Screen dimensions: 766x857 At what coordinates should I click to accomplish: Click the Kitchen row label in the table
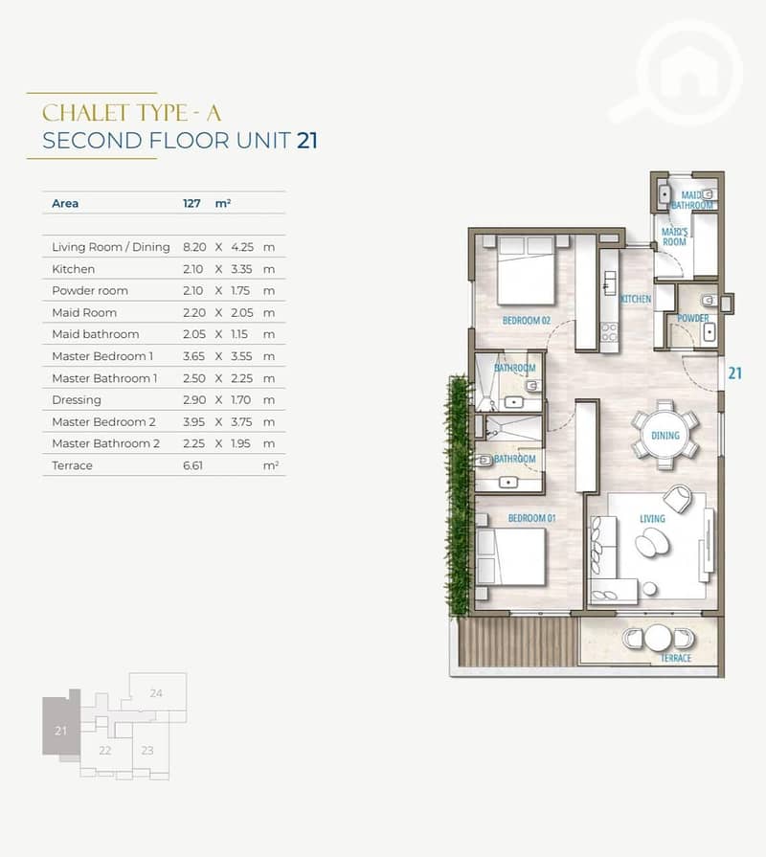tap(73, 269)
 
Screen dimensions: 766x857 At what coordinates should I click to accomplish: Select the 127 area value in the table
tap(191, 203)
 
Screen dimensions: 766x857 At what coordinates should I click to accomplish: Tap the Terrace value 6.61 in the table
tap(192, 465)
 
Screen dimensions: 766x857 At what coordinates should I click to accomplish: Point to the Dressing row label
tap(77, 400)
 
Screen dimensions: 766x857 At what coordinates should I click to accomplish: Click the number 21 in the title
tap(307, 141)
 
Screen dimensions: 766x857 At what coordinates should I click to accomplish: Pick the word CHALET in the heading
tap(84, 113)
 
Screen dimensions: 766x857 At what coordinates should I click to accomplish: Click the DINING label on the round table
tap(665, 436)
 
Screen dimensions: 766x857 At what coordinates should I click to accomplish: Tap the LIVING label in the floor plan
tap(652, 518)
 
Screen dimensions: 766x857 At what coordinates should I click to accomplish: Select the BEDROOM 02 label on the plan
tap(527, 320)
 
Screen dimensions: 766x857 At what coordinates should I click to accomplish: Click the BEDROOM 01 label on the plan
tap(531, 518)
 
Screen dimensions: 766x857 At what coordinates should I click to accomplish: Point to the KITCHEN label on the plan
tap(636, 299)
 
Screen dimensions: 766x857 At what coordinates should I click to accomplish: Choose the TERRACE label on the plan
tap(676, 658)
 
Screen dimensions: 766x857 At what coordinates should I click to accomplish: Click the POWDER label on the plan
tap(693, 318)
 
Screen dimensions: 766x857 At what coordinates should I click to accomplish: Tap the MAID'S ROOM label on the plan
tap(674, 237)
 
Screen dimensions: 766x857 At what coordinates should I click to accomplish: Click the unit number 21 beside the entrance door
tap(734, 373)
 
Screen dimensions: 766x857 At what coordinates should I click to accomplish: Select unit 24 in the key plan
tap(156, 693)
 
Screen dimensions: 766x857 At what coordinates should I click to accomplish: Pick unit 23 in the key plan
tap(147, 751)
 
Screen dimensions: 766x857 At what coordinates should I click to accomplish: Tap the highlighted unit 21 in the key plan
tap(60, 731)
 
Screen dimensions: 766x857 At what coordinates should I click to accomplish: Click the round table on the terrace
tap(658, 639)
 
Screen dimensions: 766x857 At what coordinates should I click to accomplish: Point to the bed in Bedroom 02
tap(527, 270)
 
